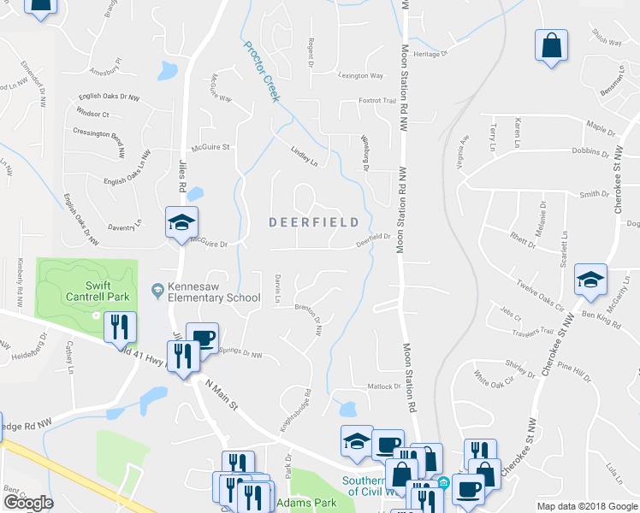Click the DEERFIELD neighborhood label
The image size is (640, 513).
point(314,222)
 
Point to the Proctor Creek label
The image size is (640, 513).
point(261,72)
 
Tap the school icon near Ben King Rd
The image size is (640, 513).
point(590,281)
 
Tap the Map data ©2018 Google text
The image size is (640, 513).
point(587,506)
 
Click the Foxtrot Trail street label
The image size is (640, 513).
point(377,100)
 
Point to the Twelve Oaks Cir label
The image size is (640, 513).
point(540,291)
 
